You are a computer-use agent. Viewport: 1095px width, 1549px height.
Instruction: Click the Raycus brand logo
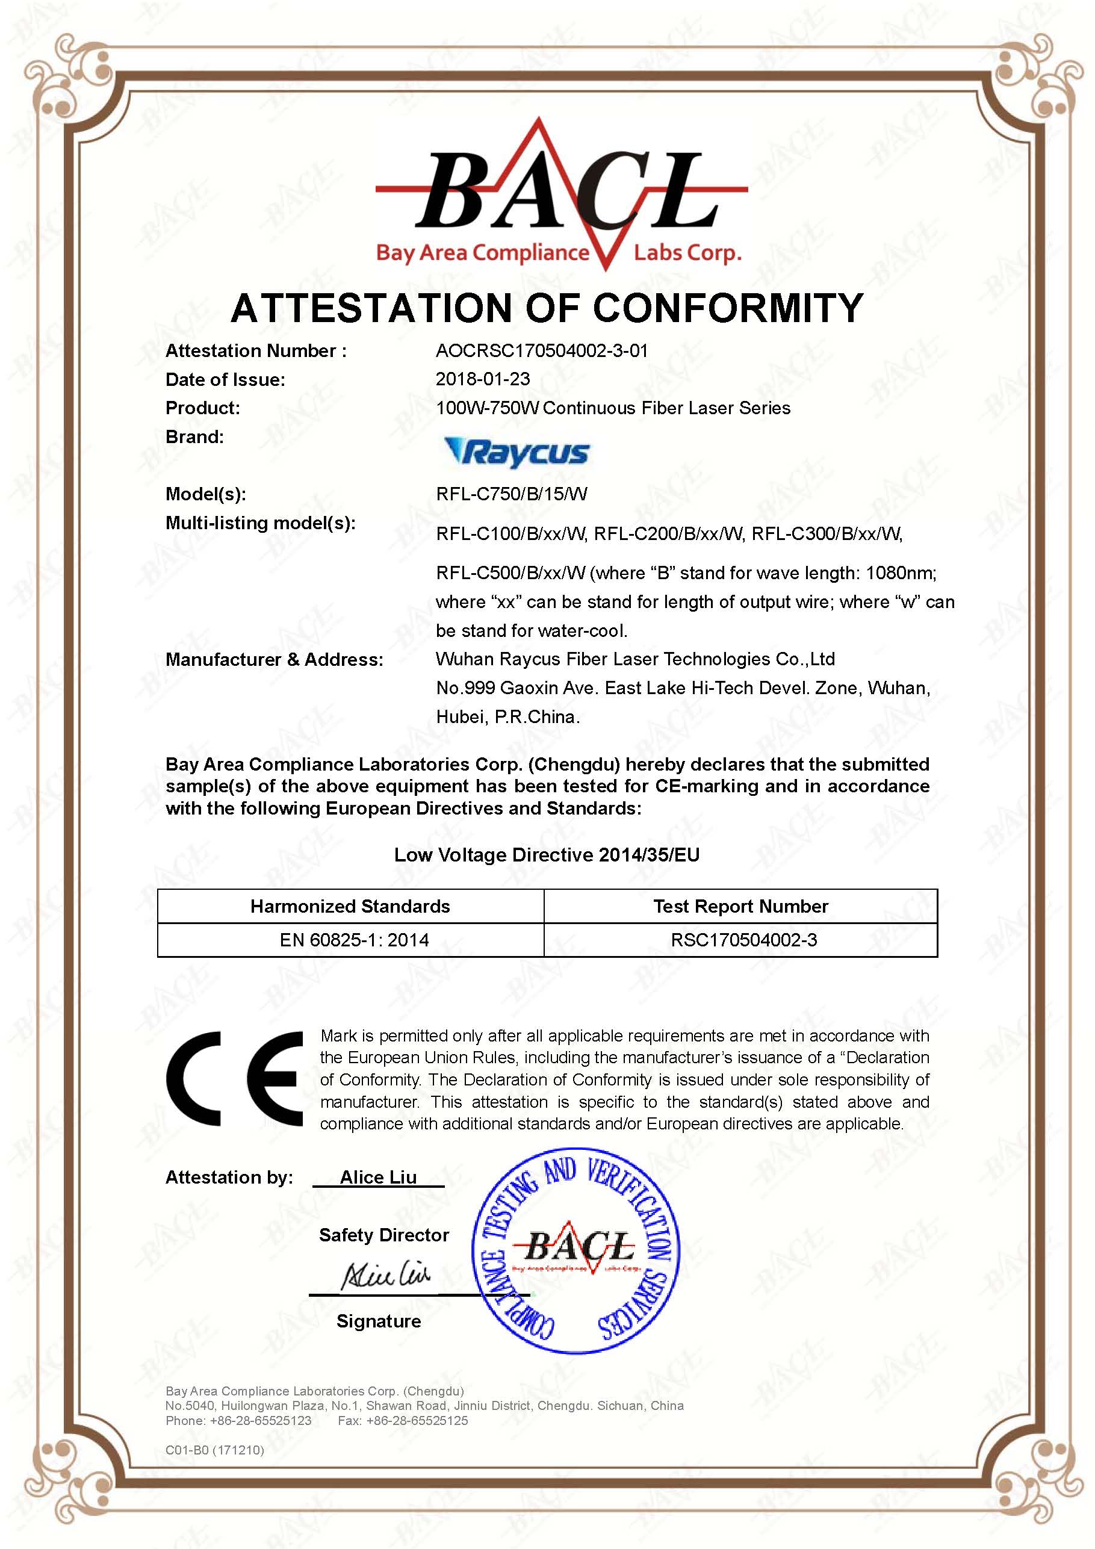coord(517,453)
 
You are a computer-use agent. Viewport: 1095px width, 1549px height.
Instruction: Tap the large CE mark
coord(234,1079)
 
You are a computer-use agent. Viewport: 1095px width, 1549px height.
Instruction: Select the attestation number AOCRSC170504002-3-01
coord(542,351)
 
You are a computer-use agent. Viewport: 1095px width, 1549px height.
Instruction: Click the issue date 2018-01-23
coord(482,379)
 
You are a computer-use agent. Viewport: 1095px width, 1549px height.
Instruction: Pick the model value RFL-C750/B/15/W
coord(512,494)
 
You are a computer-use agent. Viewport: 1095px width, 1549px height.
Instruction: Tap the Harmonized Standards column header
coord(350,906)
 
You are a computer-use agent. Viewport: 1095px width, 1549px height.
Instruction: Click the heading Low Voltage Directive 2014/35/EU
coord(547,855)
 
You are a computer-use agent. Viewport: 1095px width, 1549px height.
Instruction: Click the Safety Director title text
coord(384,1235)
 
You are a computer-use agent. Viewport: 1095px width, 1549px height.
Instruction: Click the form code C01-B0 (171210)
coord(214,1450)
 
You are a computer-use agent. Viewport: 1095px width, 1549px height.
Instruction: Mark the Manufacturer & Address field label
coord(274,659)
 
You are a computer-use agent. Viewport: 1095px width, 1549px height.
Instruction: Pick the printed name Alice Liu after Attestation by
coord(378,1178)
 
